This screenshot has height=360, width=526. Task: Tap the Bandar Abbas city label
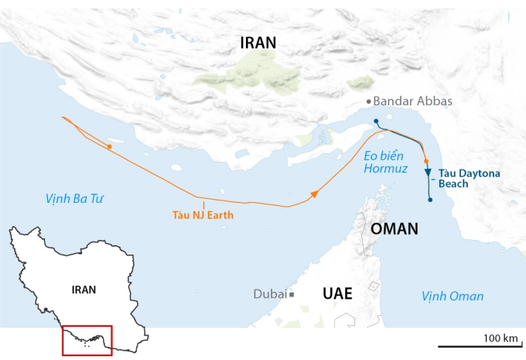pos(412,101)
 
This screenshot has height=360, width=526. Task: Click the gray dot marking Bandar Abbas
pos(368,101)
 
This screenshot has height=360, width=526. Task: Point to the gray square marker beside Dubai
pos(292,294)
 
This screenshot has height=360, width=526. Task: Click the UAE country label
pos(336,293)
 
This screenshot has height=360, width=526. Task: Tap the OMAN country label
pos(394,229)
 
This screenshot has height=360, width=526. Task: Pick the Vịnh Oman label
pos(453,296)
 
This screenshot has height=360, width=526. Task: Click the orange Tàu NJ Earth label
pos(205,215)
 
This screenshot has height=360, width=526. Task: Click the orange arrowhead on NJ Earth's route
pos(314,195)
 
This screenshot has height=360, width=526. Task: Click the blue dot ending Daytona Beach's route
pos(430,201)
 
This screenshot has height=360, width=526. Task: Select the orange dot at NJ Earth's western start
pos(109,146)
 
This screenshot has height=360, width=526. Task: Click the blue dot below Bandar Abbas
pos(375,121)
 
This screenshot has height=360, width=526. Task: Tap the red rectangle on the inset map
pos(87,340)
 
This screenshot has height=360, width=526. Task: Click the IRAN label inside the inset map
pos(83,290)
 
